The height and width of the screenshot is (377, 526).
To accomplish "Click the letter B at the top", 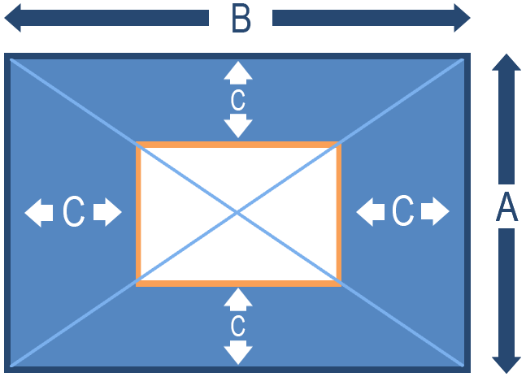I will click(241, 19).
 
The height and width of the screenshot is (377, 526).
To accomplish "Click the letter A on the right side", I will click(506, 207).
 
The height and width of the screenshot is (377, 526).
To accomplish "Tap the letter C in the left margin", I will click(73, 213).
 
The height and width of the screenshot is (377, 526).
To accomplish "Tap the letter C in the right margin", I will click(402, 213).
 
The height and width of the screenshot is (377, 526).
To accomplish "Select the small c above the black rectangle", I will click(237, 100).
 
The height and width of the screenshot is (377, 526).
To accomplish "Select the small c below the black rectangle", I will click(237, 326).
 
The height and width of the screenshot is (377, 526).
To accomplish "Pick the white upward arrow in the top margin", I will click(237, 72).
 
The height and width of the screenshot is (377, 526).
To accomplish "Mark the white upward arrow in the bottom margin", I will click(237, 299).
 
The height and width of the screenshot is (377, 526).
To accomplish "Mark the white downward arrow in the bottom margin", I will click(237, 352).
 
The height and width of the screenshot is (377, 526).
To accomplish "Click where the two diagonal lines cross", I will click(237, 213).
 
